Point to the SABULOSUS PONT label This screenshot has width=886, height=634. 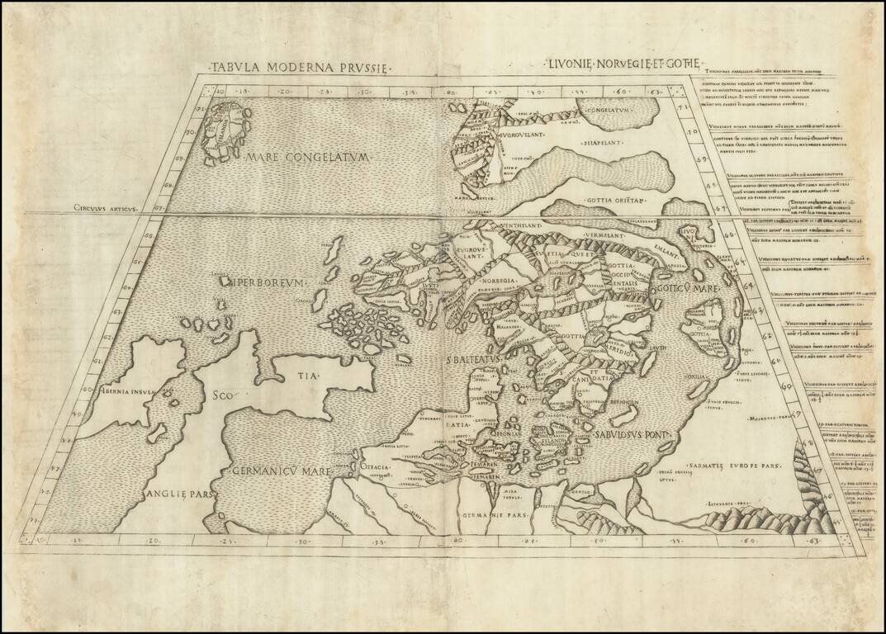coord(631,434)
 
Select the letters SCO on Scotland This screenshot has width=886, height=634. coord(223,395)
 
